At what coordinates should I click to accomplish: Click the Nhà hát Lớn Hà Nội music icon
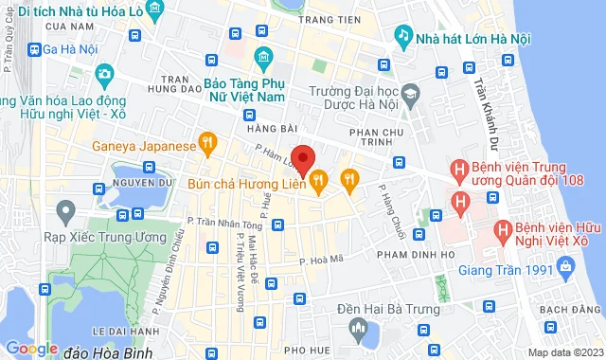(x=403, y=37)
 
